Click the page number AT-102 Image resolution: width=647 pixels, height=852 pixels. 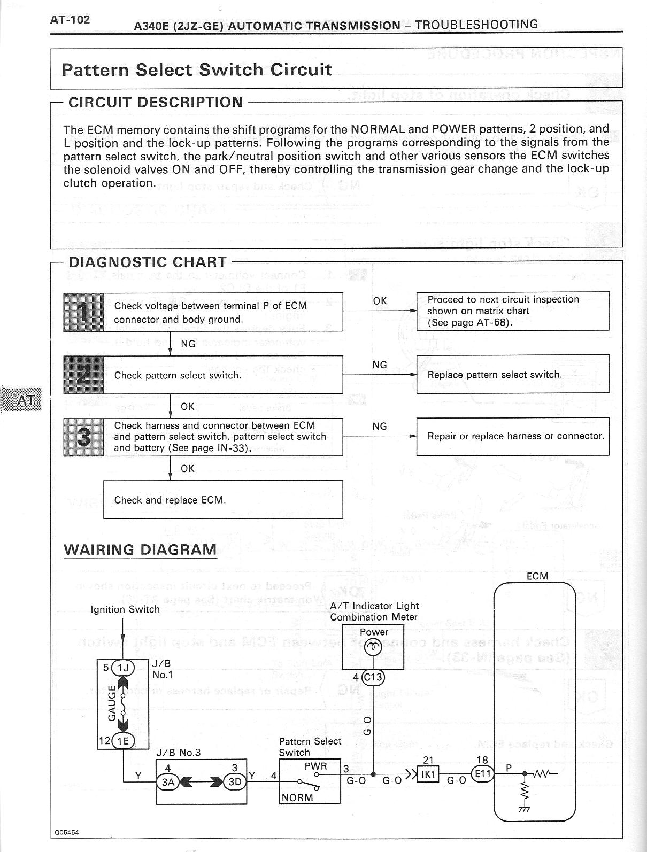pyautogui.click(x=70, y=20)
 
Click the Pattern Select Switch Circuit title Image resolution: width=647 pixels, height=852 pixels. pyautogui.click(x=197, y=69)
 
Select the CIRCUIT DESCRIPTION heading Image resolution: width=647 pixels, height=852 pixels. pyautogui.click(x=156, y=102)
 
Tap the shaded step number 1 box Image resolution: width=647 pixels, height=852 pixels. pyautogui.click(x=83, y=312)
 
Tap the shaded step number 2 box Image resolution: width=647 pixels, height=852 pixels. pyautogui.click(x=83, y=375)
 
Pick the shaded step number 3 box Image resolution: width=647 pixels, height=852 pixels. pyautogui.click(x=83, y=437)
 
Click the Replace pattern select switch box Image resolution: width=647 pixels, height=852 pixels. pyautogui.click(x=512, y=374)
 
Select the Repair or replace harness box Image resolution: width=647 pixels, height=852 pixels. pyautogui.click(x=512, y=436)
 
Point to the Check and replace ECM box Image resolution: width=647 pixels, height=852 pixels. pyautogui.click(x=222, y=500)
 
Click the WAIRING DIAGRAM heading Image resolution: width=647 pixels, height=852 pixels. pyautogui.click(x=140, y=549)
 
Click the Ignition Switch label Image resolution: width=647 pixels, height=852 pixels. pyautogui.click(x=125, y=609)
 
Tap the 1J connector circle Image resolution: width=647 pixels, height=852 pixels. pyautogui.click(x=124, y=667)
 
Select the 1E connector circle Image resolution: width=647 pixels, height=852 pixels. pyautogui.click(x=124, y=741)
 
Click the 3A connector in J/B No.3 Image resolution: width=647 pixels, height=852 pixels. pyautogui.click(x=168, y=782)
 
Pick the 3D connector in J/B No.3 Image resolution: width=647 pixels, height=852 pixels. pyautogui.click(x=235, y=782)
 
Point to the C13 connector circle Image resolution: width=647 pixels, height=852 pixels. pyautogui.click(x=373, y=678)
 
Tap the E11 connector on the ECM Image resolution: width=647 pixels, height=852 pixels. pyautogui.click(x=482, y=774)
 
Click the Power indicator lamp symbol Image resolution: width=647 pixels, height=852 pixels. pyautogui.click(x=373, y=647)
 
